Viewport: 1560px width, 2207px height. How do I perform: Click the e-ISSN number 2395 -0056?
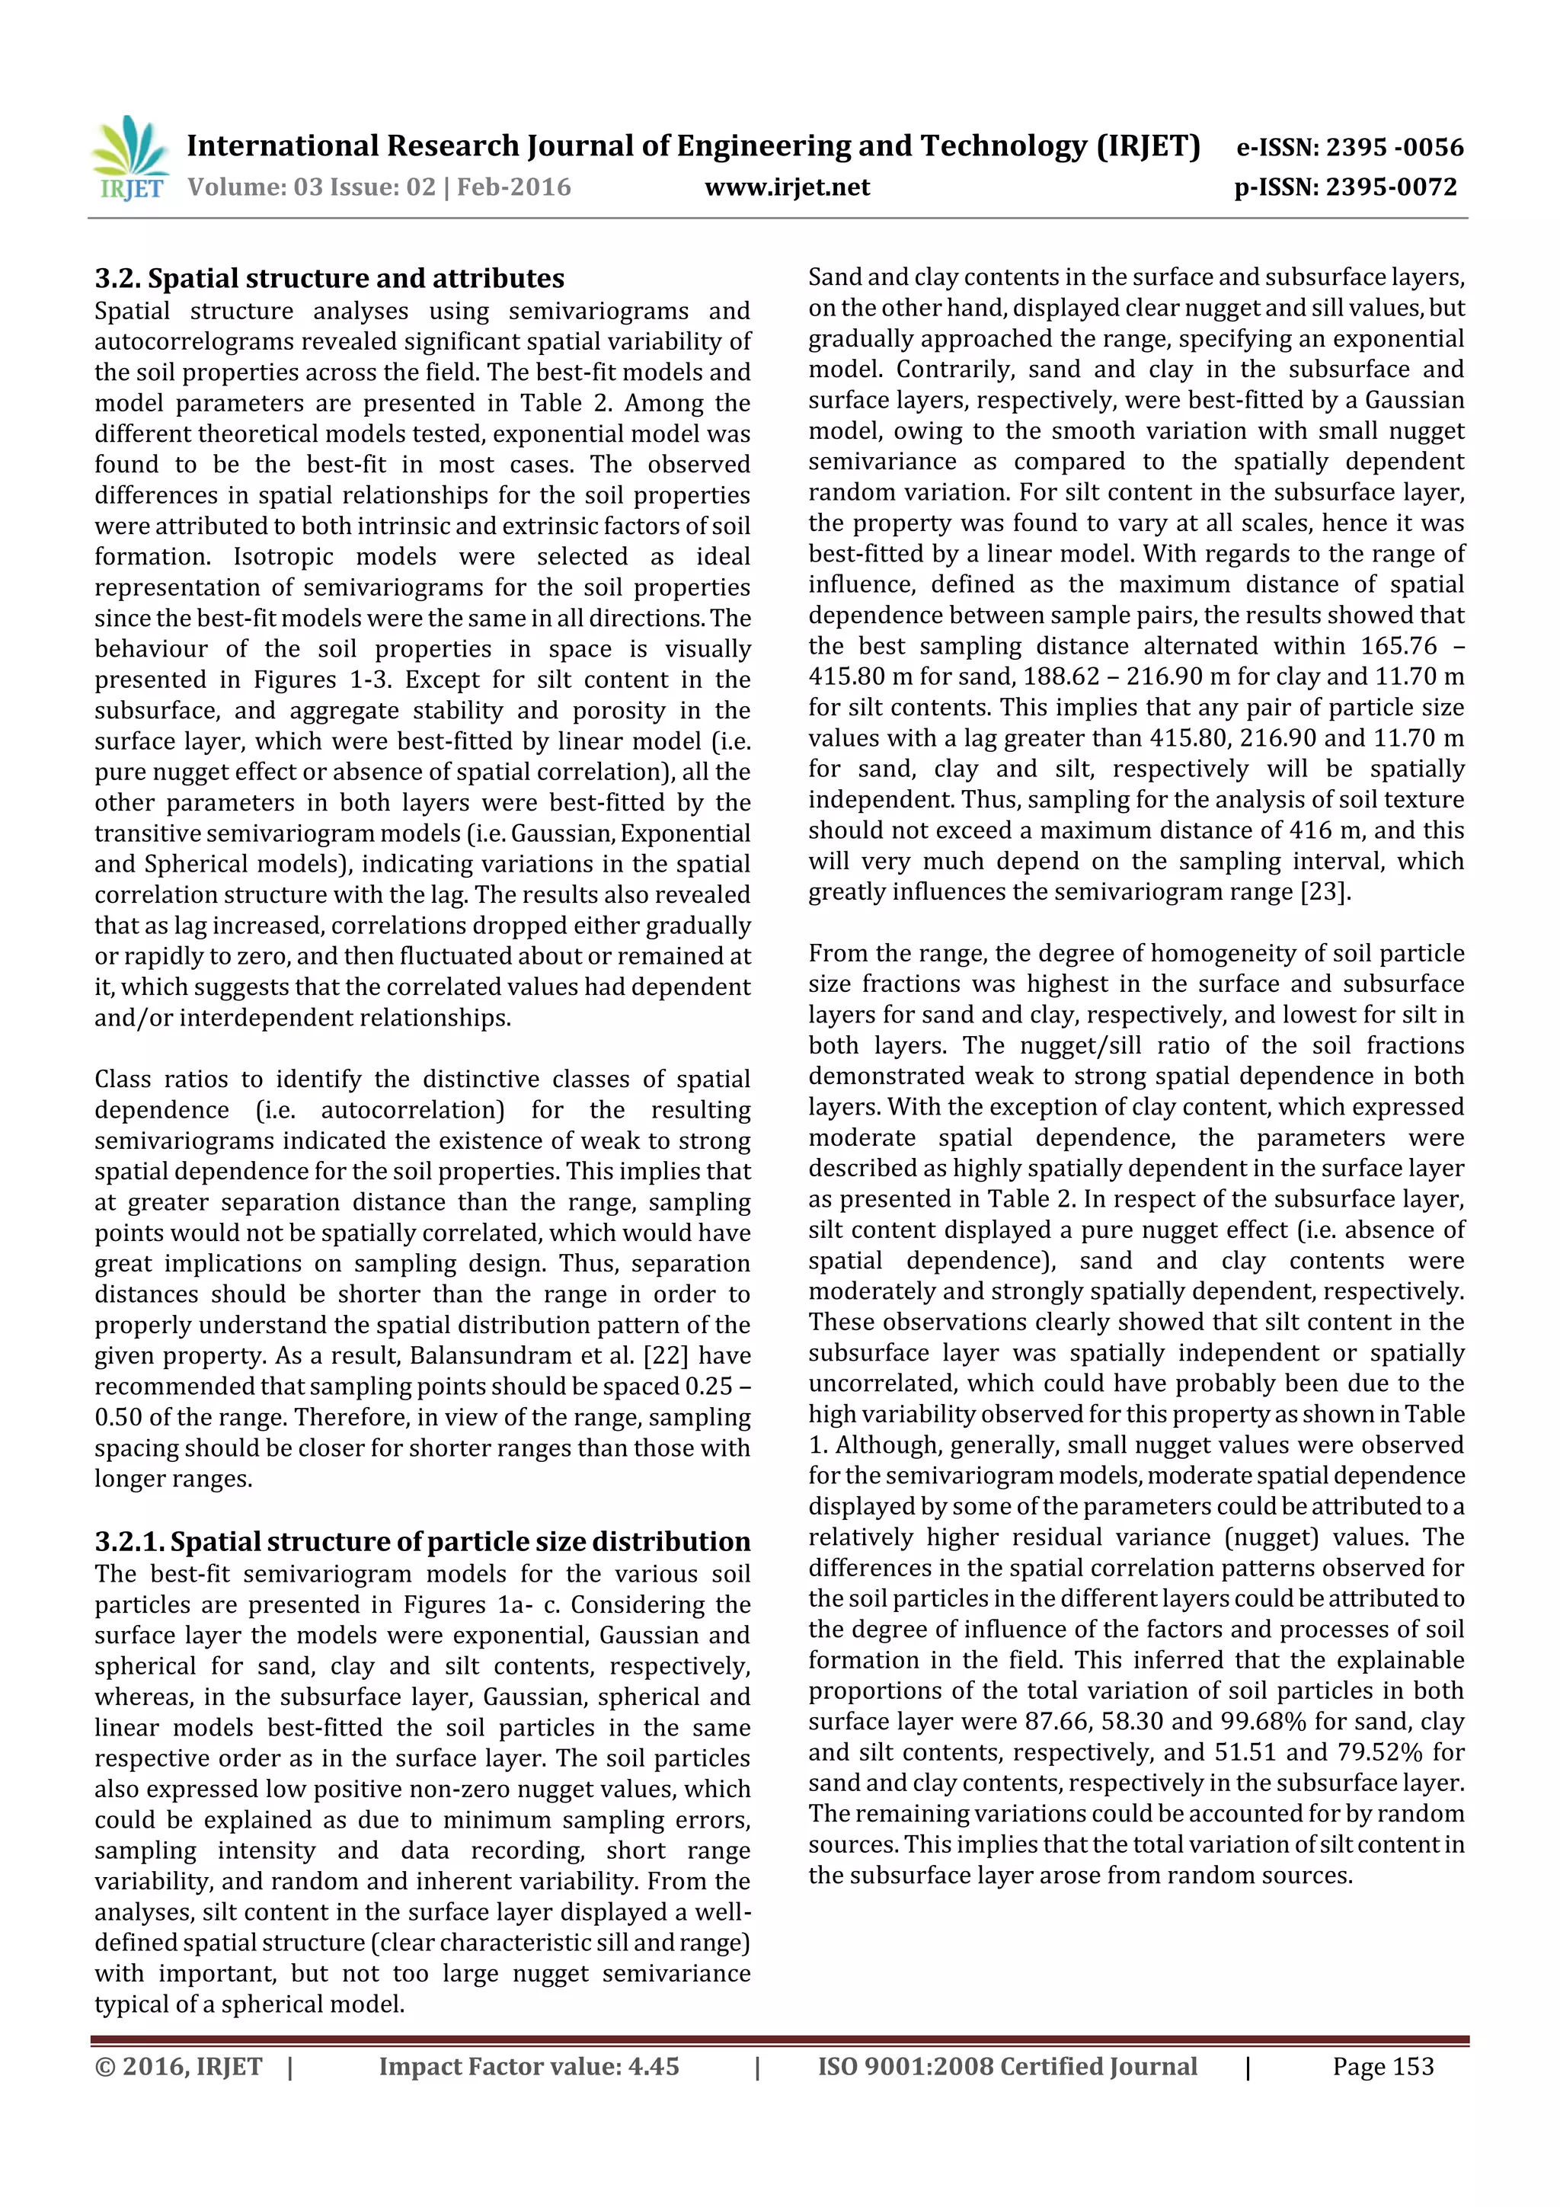[1394, 147]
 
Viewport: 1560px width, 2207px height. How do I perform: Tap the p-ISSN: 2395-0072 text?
[1346, 187]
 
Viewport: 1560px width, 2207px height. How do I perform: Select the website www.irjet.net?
[786, 187]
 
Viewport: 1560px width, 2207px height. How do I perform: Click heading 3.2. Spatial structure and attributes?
[329, 279]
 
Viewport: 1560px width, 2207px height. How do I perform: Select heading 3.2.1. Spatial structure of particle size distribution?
[422, 1542]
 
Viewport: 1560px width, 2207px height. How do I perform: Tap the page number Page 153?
[1383, 2067]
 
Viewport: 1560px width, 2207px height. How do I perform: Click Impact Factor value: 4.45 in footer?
[529, 2067]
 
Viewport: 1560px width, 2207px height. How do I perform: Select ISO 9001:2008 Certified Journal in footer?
[1007, 2067]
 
